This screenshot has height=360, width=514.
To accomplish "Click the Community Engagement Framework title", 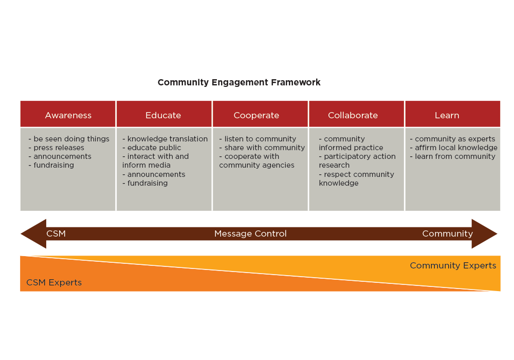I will pos(239,82).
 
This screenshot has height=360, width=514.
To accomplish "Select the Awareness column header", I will pos(68,115).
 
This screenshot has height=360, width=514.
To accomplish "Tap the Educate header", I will pos(163,115).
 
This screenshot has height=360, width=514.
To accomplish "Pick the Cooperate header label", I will pos(256,115).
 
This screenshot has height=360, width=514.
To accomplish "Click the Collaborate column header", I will pos(353,115).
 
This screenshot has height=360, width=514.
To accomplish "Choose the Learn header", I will pos(447,115).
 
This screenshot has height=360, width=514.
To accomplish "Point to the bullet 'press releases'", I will pos(59,148).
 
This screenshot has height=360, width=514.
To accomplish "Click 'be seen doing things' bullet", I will pos(69,139).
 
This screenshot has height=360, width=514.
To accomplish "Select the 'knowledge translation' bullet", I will pos(165,139).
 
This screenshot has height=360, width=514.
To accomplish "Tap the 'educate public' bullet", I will pos(152,148).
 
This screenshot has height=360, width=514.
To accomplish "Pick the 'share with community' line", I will pos(262,148).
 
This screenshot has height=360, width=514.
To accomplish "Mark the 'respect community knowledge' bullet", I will pos(356,178).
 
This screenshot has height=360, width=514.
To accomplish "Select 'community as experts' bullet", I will pos(452,139).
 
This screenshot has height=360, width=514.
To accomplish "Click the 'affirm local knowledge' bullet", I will pos(453,148).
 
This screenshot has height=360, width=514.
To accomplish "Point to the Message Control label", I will pos(250,234).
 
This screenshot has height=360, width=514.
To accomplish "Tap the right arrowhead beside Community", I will pos(485,234).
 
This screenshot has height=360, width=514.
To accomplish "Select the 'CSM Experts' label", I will pos(54,282).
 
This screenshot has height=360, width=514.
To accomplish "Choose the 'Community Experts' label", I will pos(453,266).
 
